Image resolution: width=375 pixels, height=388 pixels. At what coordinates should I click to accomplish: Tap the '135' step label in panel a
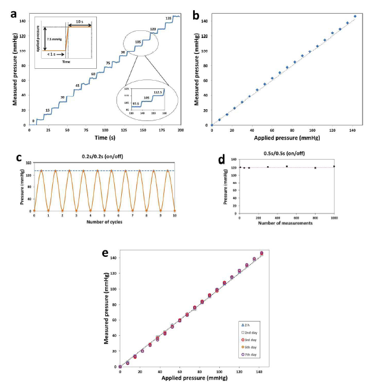pos(169,18)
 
